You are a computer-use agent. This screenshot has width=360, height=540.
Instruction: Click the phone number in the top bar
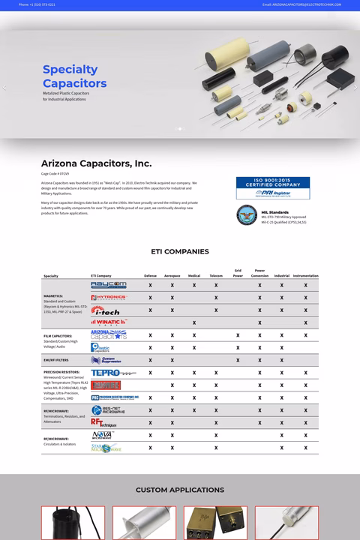(x=37, y=4)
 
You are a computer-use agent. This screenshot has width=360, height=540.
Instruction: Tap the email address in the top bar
(x=301, y=4)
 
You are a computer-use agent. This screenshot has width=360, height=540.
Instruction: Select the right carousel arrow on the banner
(x=355, y=87)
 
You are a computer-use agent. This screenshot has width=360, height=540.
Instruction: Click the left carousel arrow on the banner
(x=4, y=87)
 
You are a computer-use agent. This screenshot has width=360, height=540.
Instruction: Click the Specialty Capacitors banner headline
(x=74, y=76)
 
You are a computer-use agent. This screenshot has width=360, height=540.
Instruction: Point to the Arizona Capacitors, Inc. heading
(x=96, y=163)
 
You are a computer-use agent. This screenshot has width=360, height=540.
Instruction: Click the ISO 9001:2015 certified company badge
(x=272, y=188)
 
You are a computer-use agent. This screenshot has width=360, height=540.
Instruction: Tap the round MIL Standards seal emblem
(x=247, y=215)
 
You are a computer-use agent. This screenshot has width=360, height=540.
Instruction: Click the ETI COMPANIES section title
(x=180, y=251)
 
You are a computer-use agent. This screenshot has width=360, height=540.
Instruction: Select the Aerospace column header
(x=172, y=276)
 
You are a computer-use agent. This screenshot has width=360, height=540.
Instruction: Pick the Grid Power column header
(x=238, y=273)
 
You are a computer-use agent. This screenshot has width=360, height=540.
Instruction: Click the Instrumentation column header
(x=305, y=276)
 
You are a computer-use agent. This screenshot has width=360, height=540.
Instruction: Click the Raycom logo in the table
(x=109, y=285)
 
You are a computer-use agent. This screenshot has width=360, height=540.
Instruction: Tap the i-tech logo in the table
(x=107, y=310)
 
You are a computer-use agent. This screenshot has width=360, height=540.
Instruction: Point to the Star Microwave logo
(x=106, y=448)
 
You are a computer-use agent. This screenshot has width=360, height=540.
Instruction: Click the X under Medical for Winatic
(x=194, y=323)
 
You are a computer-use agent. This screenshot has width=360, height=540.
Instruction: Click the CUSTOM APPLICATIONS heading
(x=180, y=490)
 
